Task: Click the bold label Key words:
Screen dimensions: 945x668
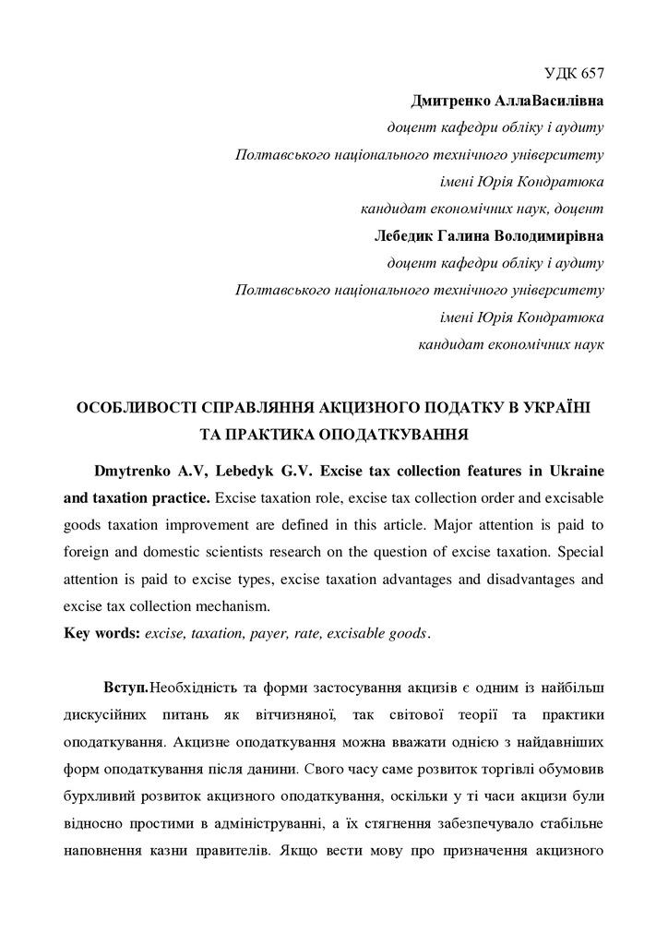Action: pyautogui.click(x=101, y=633)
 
